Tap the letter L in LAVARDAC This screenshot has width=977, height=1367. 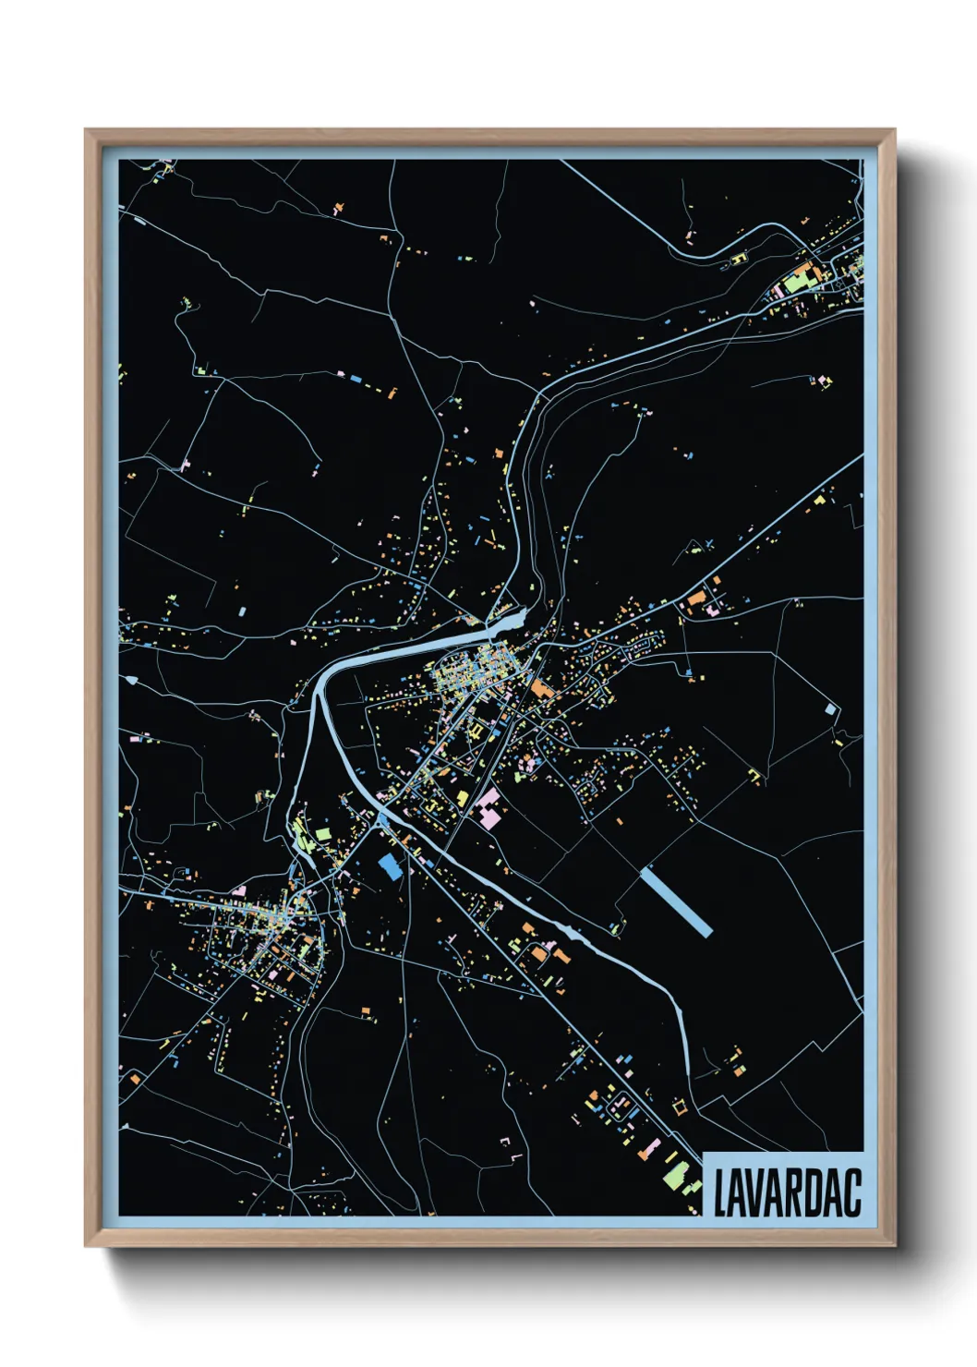tap(721, 1193)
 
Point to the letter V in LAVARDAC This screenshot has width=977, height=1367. tap(760, 1193)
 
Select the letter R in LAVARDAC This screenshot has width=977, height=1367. tap(799, 1193)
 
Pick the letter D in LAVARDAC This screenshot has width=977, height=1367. tap(819, 1193)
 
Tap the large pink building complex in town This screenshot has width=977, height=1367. tap(488, 807)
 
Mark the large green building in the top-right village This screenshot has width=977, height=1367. tap(796, 282)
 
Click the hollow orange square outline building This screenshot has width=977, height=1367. tap(681, 1107)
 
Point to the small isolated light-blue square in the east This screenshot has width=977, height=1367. tap(830, 709)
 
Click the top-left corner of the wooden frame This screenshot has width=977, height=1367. tap(87, 131)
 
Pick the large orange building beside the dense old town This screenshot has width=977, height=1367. tap(539, 687)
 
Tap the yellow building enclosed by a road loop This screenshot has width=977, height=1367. tap(476, 732)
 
